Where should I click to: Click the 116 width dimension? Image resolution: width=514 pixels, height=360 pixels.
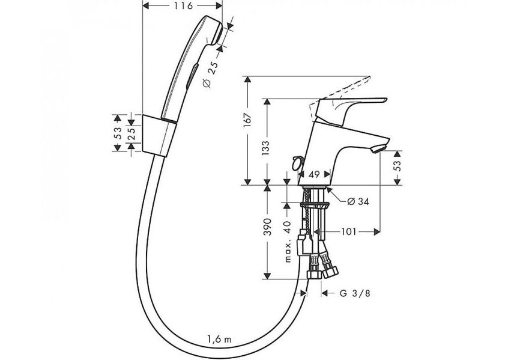point(183,5)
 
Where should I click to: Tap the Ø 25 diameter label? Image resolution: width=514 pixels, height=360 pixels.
point(210,75)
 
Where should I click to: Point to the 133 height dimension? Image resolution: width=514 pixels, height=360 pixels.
point(265,148)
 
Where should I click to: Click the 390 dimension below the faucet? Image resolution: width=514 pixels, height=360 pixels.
point(268,227)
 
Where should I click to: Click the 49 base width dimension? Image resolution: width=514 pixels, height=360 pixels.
point(314,174)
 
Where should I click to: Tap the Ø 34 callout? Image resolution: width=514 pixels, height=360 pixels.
point(358,201)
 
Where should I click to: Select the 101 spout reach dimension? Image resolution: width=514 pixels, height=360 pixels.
point(348,232)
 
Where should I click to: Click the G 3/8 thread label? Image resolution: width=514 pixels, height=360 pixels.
point(355,293)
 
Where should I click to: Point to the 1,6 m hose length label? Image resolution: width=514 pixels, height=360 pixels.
point(219,339)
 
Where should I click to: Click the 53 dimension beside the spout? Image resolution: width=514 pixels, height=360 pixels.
point(397,165)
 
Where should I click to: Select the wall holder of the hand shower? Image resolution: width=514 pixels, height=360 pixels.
point(160,135)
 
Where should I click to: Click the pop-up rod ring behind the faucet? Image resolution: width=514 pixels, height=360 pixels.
point(298,162)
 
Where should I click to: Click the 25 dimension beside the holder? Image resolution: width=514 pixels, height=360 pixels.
point(132,134)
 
